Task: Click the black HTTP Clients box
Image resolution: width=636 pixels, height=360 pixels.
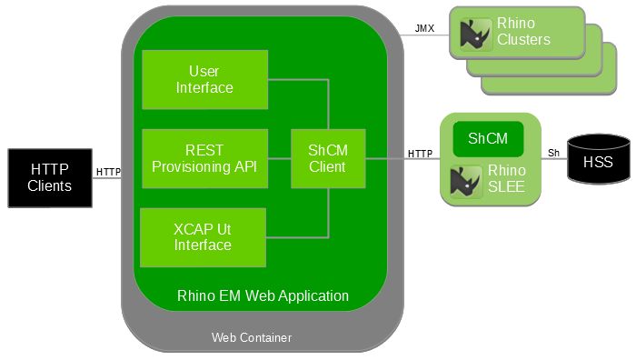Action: click(x=49, y=176)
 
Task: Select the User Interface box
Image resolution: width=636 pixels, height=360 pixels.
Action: click(x=204, y=79)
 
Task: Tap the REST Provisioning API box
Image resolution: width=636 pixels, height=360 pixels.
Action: click(x=204, y=158)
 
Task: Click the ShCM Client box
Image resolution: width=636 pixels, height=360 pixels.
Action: click(x=327, y=158)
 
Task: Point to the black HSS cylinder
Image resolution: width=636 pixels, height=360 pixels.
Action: click(x=597, y=164)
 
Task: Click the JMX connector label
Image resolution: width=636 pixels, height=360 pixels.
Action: click(x=425, y=28)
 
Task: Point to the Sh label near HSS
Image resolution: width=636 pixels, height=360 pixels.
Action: click(x=553, y=153)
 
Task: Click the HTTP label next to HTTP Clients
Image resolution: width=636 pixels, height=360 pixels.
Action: click(x=108, y=171)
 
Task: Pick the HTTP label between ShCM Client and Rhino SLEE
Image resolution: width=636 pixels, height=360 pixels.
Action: click(x=420, y=153)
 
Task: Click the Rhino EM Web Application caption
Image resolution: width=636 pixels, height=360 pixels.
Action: click(x=263, y=295)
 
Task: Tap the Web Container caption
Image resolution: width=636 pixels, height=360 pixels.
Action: click(x=252, y=337)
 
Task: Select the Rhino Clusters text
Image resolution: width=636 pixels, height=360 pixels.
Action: click(x=523, y=32)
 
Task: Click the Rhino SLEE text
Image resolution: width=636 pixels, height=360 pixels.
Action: click(x=507, y=177)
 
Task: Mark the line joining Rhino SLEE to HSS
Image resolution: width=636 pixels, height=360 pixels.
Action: click(x=553, y=163)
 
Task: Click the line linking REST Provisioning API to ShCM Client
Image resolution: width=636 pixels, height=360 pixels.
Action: click(x=279, y=158)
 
